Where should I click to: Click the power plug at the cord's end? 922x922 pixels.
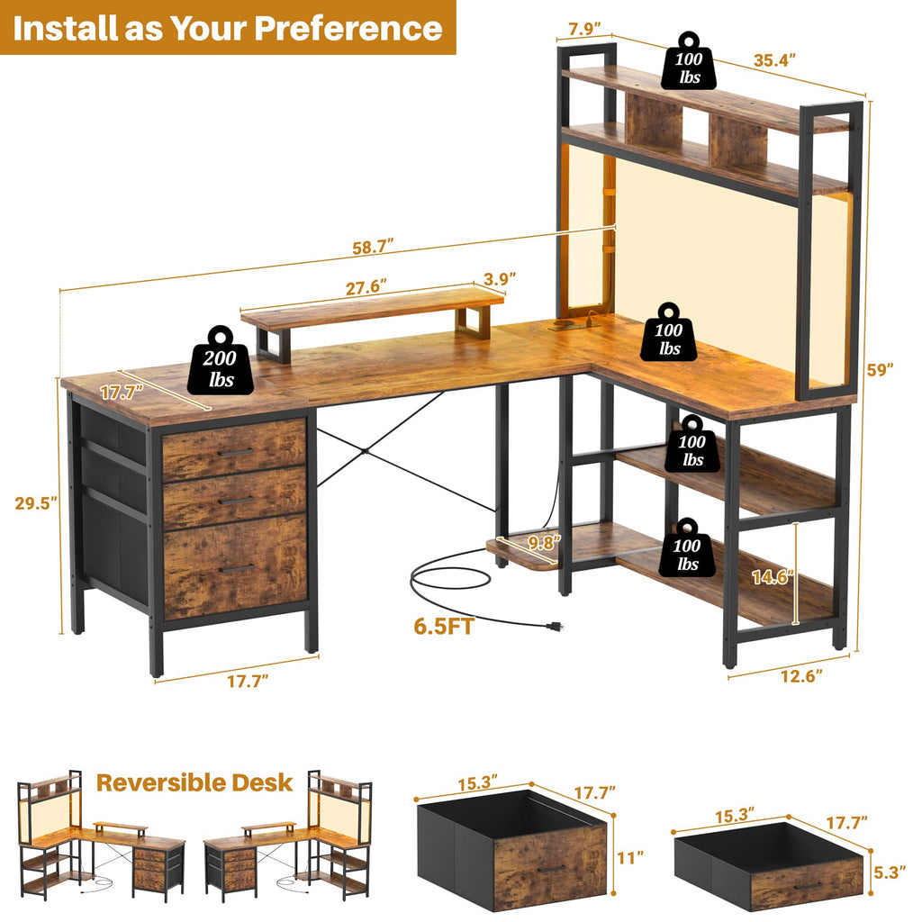[545, 624]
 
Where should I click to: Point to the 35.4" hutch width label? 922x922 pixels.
[776, 61]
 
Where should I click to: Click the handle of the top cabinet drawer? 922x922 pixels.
[235, 452]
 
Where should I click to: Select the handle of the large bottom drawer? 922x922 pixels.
[235, 568]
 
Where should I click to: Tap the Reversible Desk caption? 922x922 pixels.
[194, 782]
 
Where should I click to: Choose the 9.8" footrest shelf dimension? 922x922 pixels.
[545, 542]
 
